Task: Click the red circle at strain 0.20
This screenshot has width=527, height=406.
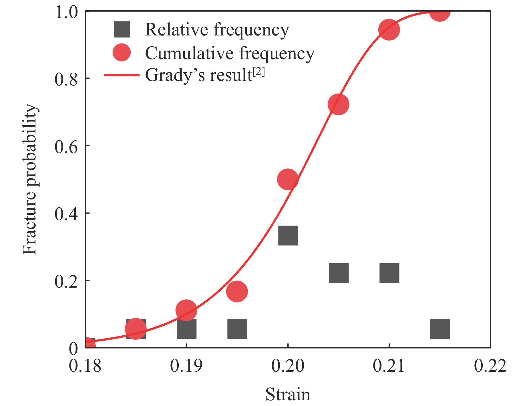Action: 288,179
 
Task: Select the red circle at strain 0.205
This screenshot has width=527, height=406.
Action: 339,104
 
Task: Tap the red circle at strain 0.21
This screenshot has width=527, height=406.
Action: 389,30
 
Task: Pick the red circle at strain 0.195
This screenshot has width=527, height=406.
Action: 237,291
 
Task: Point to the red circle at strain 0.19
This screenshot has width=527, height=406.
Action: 186,310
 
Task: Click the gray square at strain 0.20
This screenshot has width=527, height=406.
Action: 288,235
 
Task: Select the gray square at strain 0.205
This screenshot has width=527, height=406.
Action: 339,273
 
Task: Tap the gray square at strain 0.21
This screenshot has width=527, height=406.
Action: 389,273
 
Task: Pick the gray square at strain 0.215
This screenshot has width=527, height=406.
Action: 440,329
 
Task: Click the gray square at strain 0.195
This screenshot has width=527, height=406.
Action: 237,329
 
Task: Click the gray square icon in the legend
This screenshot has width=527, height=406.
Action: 122,29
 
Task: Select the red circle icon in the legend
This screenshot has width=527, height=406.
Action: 122,53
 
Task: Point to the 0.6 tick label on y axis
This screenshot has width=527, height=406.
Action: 66,146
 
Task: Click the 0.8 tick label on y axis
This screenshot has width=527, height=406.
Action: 66,79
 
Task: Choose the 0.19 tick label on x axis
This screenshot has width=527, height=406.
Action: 186,366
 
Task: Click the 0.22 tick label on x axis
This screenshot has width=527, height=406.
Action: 490,366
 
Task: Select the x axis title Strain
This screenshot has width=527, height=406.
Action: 288,394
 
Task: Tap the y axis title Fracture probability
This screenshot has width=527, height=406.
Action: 30,179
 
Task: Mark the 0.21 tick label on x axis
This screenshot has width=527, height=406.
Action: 389,366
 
